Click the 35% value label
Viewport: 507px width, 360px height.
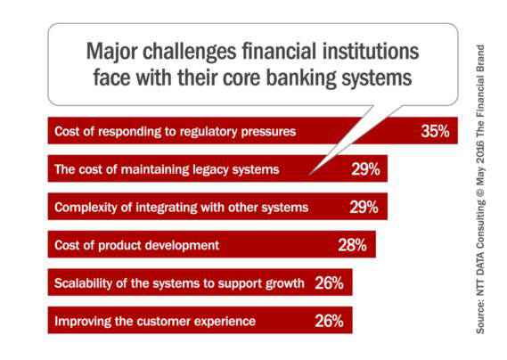point(435,131)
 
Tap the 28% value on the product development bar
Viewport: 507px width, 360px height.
point(352,245)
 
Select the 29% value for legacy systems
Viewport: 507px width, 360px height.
point(365,169)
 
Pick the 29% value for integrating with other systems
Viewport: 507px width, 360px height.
point(364,207)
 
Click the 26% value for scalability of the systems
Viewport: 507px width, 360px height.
point(329,283)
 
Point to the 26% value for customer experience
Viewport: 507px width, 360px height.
point(329,321)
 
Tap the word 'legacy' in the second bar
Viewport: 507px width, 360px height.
point(210,170)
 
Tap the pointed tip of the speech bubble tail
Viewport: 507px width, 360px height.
point(310,175)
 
